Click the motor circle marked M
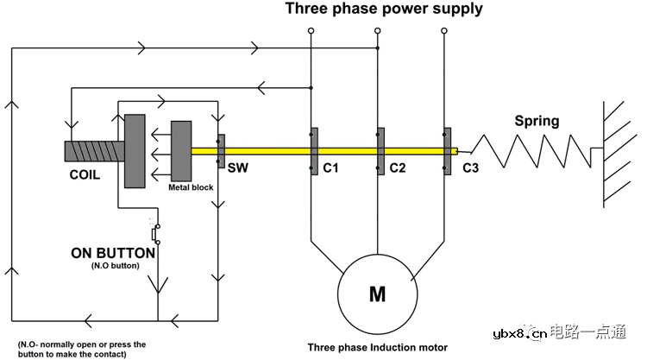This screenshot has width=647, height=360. pyautogui.click(x=377, y=294)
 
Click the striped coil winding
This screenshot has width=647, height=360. pyautogui.click(x=93, y=151)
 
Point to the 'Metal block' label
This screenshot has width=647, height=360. pyautogui.click(x=192, y=186)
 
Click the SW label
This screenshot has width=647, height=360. pyautogui.click(x=238, y=168)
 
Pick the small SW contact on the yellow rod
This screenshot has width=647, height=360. pyautogui.click(x=221, y=151)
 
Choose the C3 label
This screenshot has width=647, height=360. pyautogui.click(x=470, y=168)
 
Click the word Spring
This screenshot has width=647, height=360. pyautogui.click(x=537, y=122)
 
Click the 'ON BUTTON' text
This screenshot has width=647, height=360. pyautogui.click(x=113, y=254)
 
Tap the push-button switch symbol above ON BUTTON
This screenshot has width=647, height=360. pyautogui.click(x=155, y=234)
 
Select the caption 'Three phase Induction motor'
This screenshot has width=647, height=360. pyautogui.click(x=378, y=347)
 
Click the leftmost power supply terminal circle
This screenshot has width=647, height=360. pyautogui.click(x=310, y=31)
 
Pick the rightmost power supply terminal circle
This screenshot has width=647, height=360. pyautogui.click(x=445, y=31)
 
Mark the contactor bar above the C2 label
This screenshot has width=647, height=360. pyautogui.click(x=379, y=151)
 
